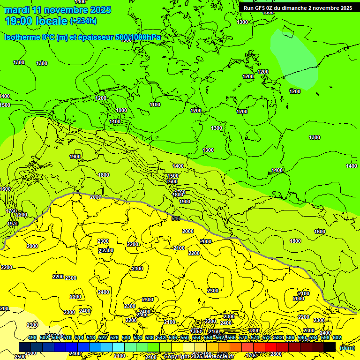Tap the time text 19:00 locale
point(36,21)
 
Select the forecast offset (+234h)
point(83,21)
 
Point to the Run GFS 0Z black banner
point(298,8)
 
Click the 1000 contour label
point(121,110)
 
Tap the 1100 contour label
point(155,105)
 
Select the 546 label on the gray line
point(176,218)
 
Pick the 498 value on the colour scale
point(32,337)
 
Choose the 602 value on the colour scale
point(337,337)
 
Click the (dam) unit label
point(347,347)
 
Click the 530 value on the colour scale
point(126,337)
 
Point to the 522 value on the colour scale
point(103,337)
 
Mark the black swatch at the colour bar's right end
point(330,347)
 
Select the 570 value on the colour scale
point(243,337)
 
